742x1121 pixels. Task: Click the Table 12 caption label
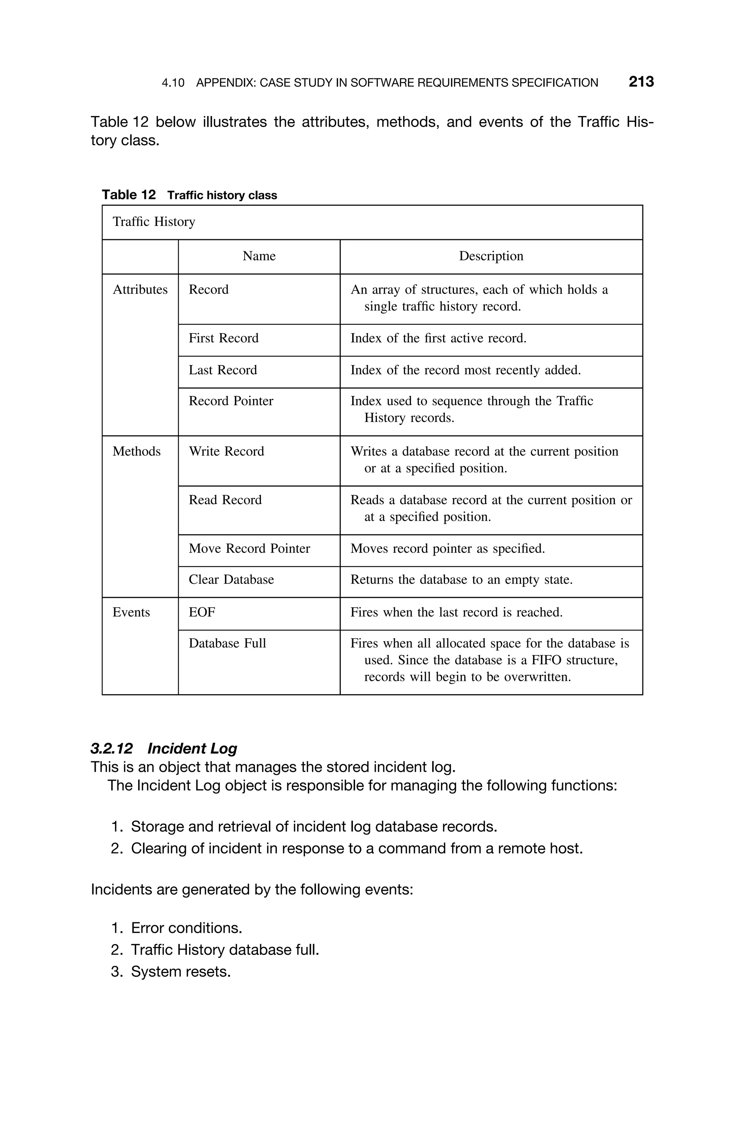click(129, 195)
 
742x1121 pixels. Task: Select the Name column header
click(259, 256)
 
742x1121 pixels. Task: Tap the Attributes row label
click(140, 290)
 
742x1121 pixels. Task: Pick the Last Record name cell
click(222, 370)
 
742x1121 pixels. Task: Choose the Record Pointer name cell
click(231, 401)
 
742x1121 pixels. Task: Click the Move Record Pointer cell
click(249, 549)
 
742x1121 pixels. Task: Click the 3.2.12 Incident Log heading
click(164, 748)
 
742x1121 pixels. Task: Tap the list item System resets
click(180, 971)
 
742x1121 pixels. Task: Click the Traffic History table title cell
click(154, 222)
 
